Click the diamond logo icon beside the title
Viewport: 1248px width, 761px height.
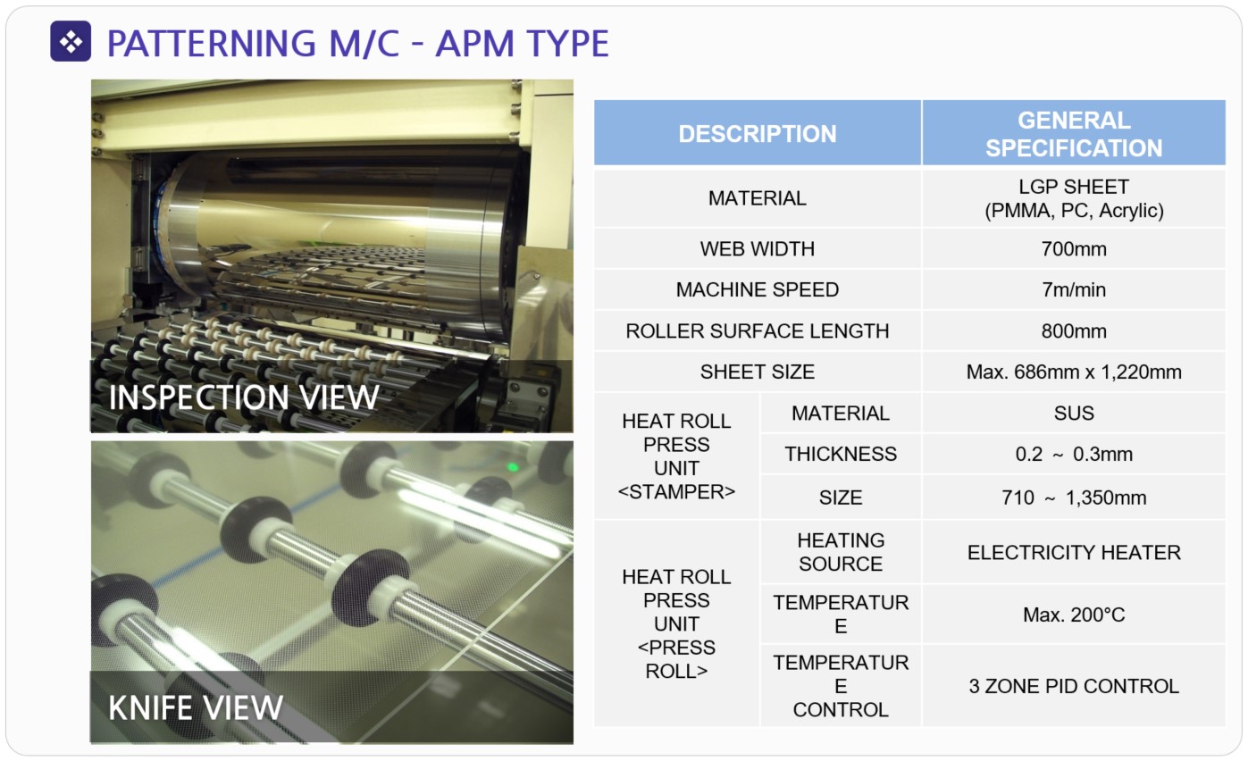[71, 41]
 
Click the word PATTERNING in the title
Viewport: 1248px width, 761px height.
[211, 44]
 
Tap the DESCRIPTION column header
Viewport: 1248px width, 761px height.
[758, 134]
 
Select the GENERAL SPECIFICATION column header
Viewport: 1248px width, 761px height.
[1074, 134]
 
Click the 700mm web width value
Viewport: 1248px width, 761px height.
[1074, 248]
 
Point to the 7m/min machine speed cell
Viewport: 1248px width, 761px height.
[1074, 289]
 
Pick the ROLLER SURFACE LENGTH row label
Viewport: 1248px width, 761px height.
[758, 330]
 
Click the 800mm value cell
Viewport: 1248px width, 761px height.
[1074, 330]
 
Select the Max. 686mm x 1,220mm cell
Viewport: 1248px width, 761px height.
[1074, 372]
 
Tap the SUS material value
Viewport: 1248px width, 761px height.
[1074, 413]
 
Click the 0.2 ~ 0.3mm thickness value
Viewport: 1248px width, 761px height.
[1074, 454]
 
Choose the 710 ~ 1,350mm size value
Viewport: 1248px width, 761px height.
[1074, 498]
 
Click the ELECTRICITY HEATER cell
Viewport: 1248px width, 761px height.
[1074, 552]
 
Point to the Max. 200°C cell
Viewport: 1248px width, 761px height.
[1074, 615]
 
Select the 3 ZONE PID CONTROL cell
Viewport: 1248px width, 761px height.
[1074, 686]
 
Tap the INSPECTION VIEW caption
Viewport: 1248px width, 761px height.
[244, 397]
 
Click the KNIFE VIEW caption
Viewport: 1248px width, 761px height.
[196, 707]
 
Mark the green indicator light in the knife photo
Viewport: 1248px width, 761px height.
[513, 467]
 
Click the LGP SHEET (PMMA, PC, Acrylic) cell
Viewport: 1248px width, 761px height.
[1074, 198]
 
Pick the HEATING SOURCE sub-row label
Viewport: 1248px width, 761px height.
[841, 552]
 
